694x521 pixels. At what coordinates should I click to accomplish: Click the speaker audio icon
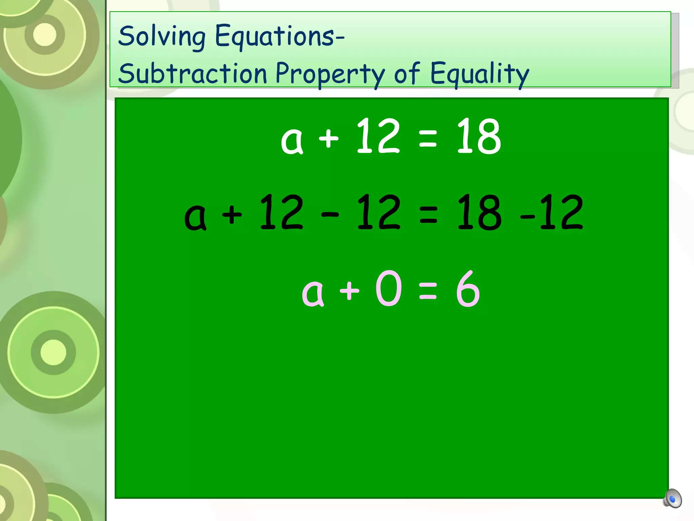pos(672,498)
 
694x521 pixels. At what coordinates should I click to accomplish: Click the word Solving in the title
pos(162,37)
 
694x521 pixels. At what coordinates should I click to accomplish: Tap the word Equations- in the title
pos(280,37)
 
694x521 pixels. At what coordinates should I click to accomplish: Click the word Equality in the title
pos(479,74)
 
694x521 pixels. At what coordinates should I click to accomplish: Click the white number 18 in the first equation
pos(478,136)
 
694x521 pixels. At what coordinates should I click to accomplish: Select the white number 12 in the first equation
pos(378,136)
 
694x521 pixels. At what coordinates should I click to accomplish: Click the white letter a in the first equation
pos(292,140)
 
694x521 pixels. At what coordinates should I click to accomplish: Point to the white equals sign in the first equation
pos(428,139)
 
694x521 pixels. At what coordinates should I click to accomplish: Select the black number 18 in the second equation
pos(478,212)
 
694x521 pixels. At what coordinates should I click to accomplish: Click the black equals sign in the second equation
pos(428,215)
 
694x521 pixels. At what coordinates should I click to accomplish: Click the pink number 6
pos(468,289)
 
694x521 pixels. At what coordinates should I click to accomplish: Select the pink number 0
pos(389,288)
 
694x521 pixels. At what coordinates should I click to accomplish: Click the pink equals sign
pos(428,292)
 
